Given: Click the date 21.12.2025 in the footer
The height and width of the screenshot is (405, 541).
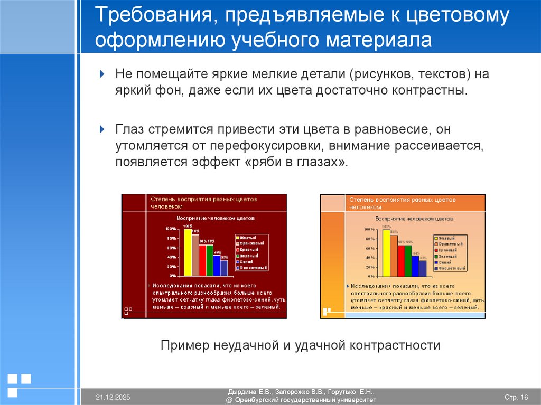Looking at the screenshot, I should click(113, 397).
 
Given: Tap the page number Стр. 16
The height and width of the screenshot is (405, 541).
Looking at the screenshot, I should click(516, 397).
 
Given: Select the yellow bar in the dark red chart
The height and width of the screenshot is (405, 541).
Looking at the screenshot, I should click(187, 252).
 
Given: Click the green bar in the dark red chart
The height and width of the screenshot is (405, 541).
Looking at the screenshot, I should click(210, 260).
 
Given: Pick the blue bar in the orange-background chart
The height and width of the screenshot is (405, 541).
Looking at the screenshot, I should click(415, 266).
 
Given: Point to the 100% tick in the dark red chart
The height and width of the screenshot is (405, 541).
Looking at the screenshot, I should click(171, 229).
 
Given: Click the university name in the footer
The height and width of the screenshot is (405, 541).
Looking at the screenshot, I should click(301, 401).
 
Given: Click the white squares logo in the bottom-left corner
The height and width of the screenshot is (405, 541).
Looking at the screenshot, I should click(18, 384).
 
